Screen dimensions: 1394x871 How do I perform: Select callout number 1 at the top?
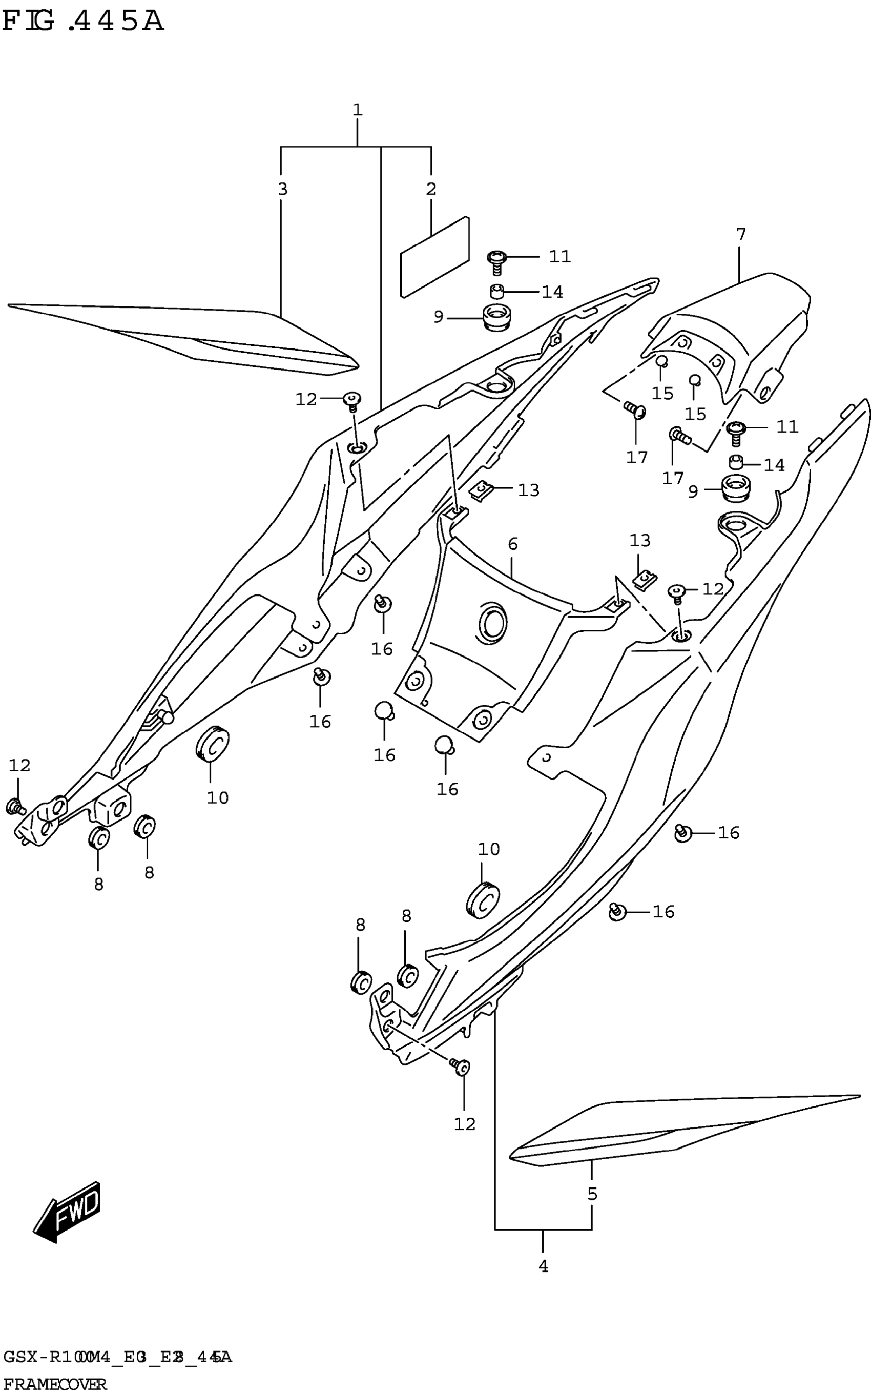pos(357,110)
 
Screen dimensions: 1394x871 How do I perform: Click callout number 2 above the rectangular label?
pos(431,189)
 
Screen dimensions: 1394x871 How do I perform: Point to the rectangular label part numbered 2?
pos(434,257)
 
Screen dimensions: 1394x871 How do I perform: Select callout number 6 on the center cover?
pos(513,544)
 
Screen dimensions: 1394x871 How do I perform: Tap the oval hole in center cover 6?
pos(493,623)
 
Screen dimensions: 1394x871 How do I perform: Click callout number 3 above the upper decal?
pos(282,189)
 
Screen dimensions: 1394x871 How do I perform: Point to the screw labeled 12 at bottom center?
pos(461,1067)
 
